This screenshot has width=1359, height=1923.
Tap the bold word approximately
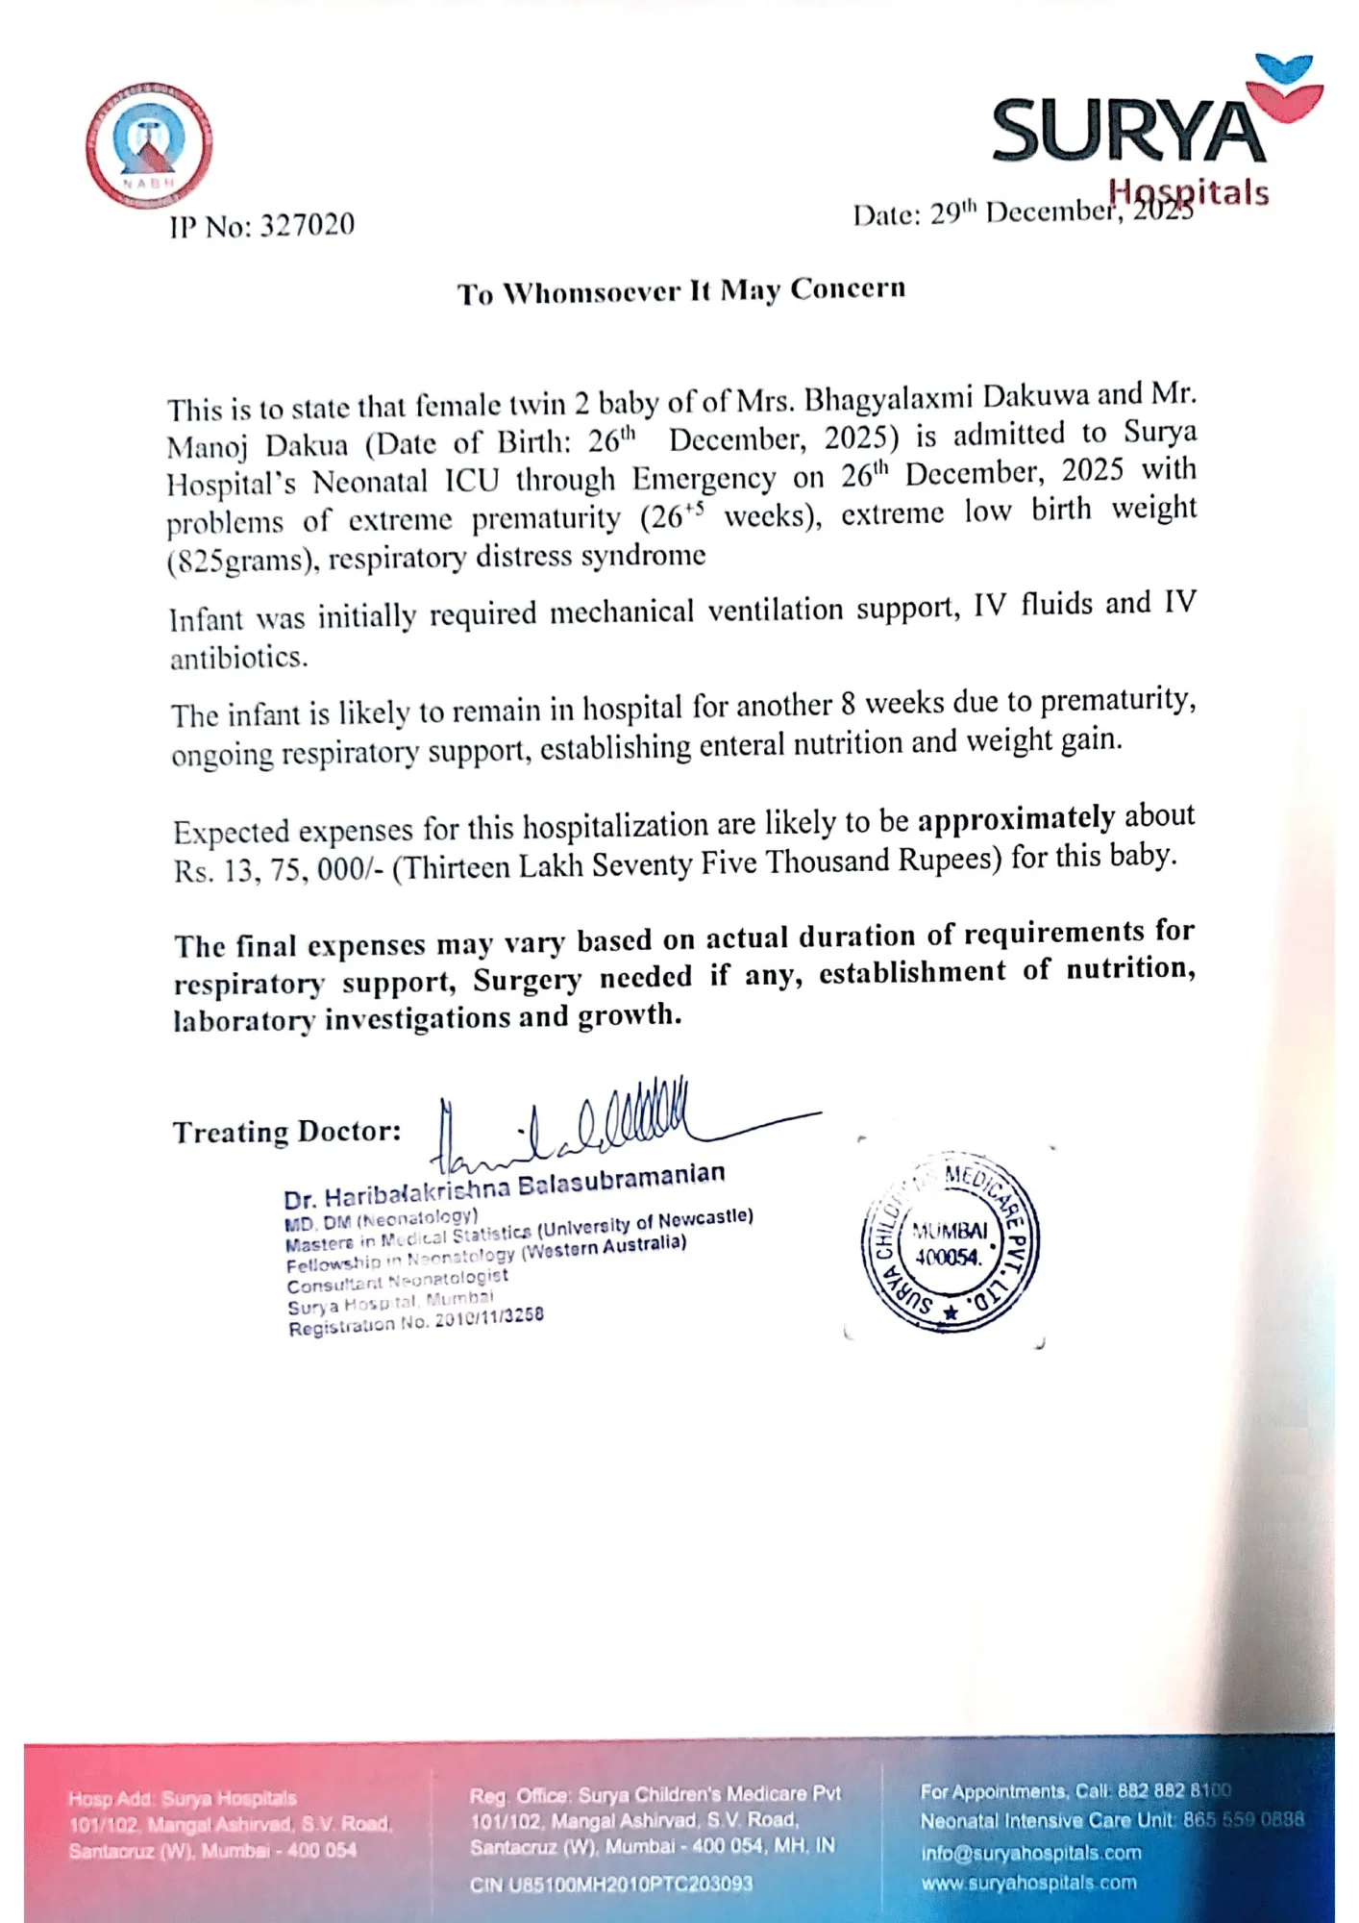pyautogui.click(x=1016, y=818)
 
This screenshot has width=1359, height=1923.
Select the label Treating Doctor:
pyautogui.click(x=286, y=1132)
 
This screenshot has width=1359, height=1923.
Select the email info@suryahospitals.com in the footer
pyautogui.click(x=1030, y=1853)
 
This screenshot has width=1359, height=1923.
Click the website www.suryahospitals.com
pyautogui.click(x=1028, y=1883)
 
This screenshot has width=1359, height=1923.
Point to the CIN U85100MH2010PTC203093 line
pyautogui.click(x=611, y=1884)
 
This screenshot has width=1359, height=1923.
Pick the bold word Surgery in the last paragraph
pyautogui.click(x=527, y=980)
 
